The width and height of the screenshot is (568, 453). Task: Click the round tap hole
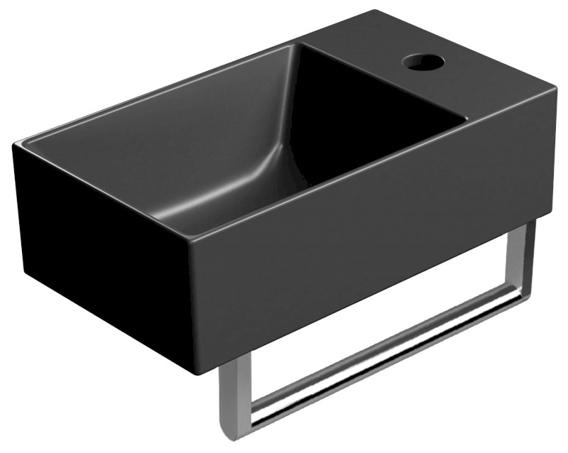(424, 62)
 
